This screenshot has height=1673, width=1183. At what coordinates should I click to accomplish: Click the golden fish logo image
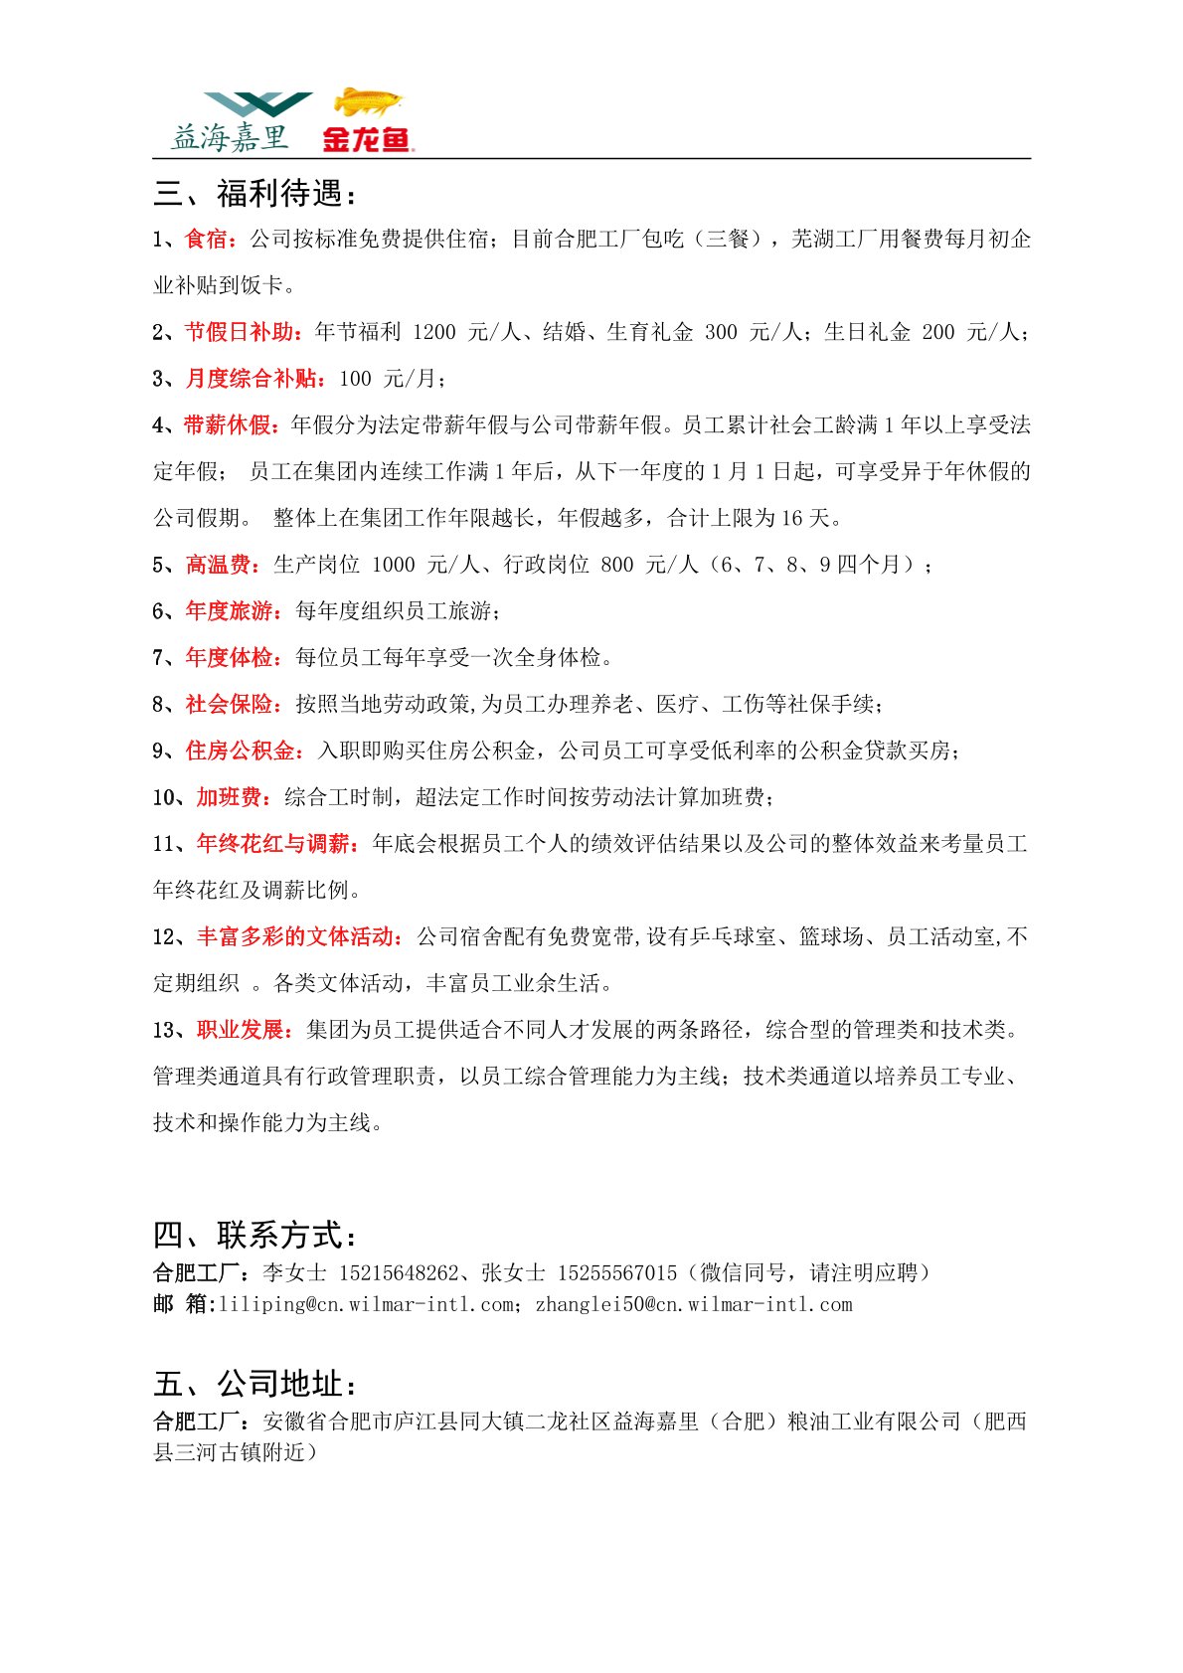pos(368,102)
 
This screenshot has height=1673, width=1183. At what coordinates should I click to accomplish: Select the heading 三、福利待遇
pos(254,193)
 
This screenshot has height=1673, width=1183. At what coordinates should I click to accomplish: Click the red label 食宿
pos(207,240)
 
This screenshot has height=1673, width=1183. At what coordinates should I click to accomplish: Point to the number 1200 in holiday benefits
pos(433,332)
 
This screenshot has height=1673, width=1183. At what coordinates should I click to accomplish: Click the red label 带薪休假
pos(229,425)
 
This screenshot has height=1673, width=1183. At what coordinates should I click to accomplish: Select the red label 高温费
pos(218,565)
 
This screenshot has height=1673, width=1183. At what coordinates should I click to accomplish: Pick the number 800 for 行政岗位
pos(616,565)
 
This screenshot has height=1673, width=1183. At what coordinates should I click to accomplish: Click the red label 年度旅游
pos(229,611)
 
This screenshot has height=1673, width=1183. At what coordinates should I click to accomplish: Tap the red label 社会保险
pos(229,705)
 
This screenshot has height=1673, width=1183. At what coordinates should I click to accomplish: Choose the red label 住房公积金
pos(240,751)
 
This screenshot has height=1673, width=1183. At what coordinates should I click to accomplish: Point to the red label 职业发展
pos(240,1030)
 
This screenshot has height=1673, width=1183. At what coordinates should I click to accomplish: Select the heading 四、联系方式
pos(254,1235)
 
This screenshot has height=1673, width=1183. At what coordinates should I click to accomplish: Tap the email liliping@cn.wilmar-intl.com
pos(366,1304)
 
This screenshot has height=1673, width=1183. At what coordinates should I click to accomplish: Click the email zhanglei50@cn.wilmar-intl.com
pos(694,1304)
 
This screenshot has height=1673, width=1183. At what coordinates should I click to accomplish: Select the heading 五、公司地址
pos(254,1383)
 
